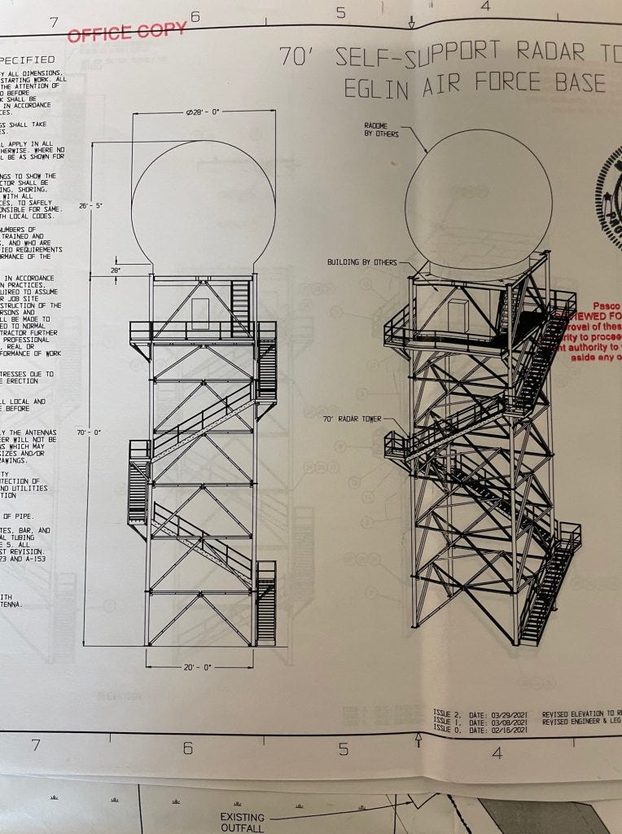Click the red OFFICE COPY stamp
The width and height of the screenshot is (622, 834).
[127, 32]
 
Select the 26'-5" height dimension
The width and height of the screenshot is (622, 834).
[90, 206]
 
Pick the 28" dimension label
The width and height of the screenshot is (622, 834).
[116, 270]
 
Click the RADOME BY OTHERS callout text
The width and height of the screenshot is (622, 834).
[381, 129]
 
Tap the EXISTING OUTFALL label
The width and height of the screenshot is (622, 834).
[242, 822]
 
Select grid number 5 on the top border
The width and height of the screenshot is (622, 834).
[340, 12]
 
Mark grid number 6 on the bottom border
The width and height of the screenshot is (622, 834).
[187, 748]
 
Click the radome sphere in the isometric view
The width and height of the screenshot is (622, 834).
[478, 200]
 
